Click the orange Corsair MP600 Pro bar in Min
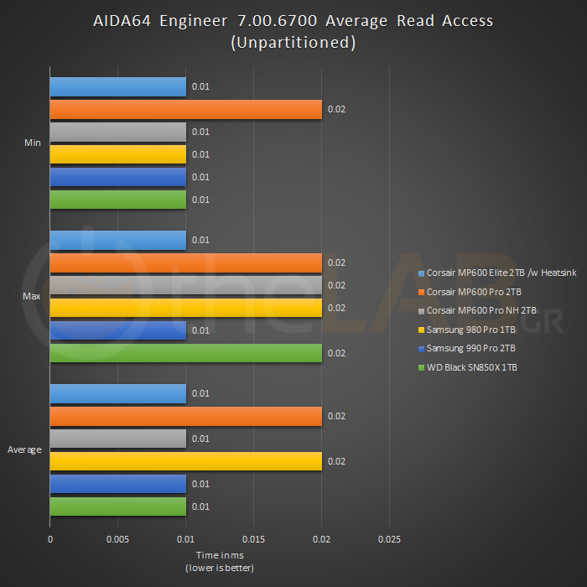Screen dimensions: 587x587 tap(185, 109)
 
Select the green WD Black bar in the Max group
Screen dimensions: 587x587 tap(185, 353)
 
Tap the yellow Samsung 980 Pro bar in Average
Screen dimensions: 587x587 tap(185, 461)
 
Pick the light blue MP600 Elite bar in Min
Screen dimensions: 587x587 tap(117, 86)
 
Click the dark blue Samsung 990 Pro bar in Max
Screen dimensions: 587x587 tap(117, 330)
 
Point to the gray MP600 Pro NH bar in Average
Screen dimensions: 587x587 tap(117, 439)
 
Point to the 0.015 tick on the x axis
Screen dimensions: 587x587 tap(254, 539)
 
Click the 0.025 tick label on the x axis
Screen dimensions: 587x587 tap(390, 539)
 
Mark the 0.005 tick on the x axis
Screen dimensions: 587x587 tap(118, 539)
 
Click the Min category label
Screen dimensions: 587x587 tap(33, 143)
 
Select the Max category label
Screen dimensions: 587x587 tap(33, 297)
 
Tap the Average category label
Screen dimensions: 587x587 tap(25, 450)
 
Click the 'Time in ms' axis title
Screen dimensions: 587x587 tap(220, 555)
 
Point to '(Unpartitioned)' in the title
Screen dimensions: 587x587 tap(293, 43)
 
